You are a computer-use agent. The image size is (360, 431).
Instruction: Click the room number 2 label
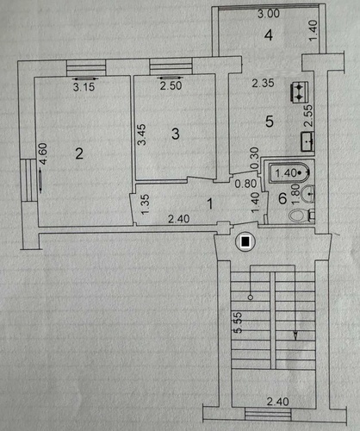[x=79, y=153]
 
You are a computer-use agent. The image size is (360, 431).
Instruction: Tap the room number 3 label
[x=176, y=134]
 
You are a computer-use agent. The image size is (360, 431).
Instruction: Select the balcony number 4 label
[x=269, y=35]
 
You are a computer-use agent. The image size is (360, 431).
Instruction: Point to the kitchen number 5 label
[x=270, y=122]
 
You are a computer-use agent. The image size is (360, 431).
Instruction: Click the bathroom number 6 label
[x=282, y=198]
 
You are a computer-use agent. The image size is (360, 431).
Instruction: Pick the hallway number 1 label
[x=210, y=203]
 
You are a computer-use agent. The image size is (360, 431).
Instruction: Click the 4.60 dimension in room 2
[x=43, y=154]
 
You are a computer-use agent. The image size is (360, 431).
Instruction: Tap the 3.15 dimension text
[x=84, y=87]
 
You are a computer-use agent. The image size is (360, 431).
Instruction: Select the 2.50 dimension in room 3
[x=171, y=85]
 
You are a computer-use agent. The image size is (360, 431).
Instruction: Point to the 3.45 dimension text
[x=141, y=134]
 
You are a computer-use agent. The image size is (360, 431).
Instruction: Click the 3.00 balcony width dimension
[x=269, y=14]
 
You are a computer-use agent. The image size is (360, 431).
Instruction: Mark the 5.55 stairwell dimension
[x=239, y=322]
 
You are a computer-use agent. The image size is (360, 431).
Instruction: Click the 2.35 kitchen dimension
[x=263, y=83]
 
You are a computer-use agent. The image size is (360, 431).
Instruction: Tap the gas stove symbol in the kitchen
[x=300, y=92]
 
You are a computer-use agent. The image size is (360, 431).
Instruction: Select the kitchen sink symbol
[x=307, y=141]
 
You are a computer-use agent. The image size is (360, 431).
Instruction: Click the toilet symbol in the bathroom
[x=301, y=215]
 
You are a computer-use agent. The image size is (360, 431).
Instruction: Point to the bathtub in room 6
[x=290, y=172]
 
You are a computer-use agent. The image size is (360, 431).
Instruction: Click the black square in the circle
[x=245, y=242]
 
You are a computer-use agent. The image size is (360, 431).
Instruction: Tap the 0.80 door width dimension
[x=245, y=184]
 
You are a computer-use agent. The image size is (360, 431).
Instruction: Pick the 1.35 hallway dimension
[x=146, y=204]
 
